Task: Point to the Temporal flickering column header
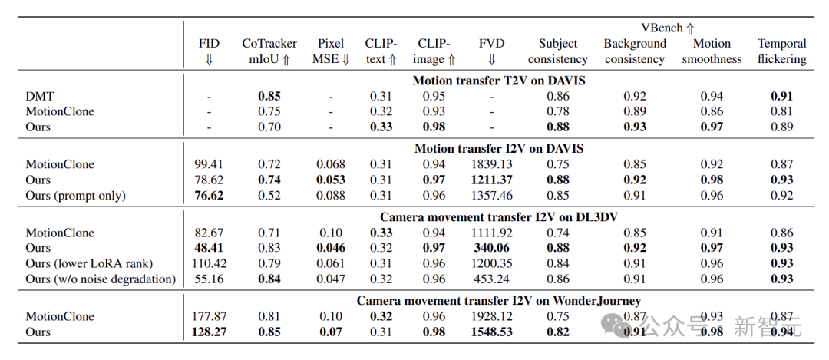coord(782,51)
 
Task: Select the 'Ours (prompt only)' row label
coord(75,195)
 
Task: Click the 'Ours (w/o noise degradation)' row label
coord(101,279)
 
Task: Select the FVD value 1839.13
coord(491,163)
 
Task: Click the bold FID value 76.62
coord(209,195)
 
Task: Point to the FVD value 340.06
coord(491,248)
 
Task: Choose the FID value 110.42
coord(209,263)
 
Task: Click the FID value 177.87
coord(209,316)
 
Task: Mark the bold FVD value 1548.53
coord(491,332)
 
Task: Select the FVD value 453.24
coord(491,279)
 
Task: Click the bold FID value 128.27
coord(209,332)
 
